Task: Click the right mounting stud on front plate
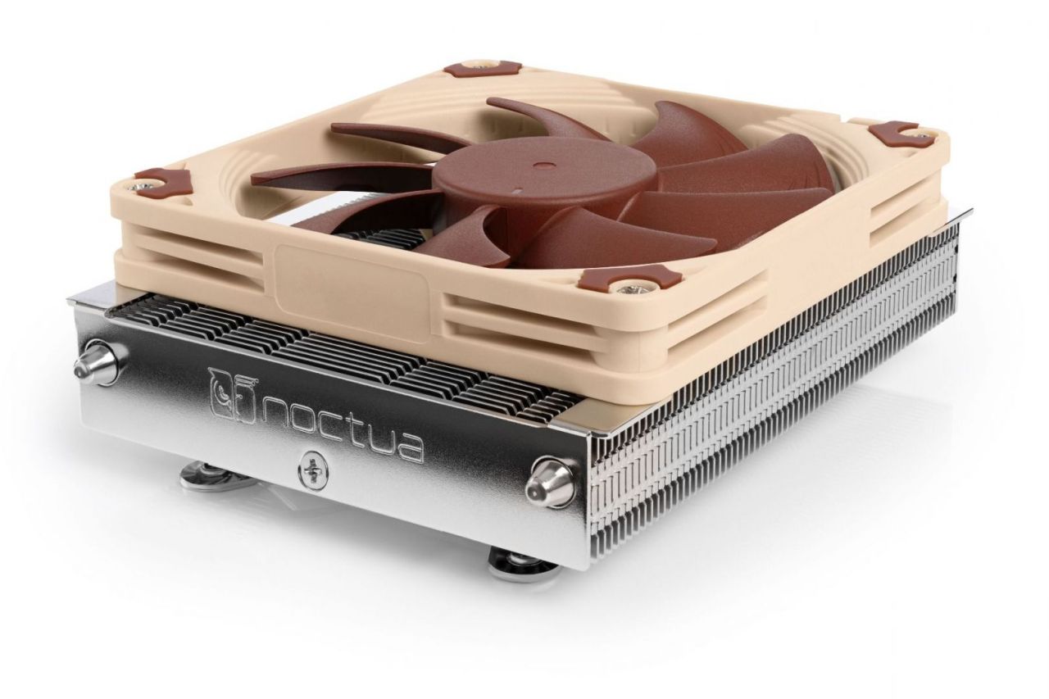point(546,478)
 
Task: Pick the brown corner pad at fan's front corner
point(629,279)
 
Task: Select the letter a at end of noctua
point(407,446)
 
